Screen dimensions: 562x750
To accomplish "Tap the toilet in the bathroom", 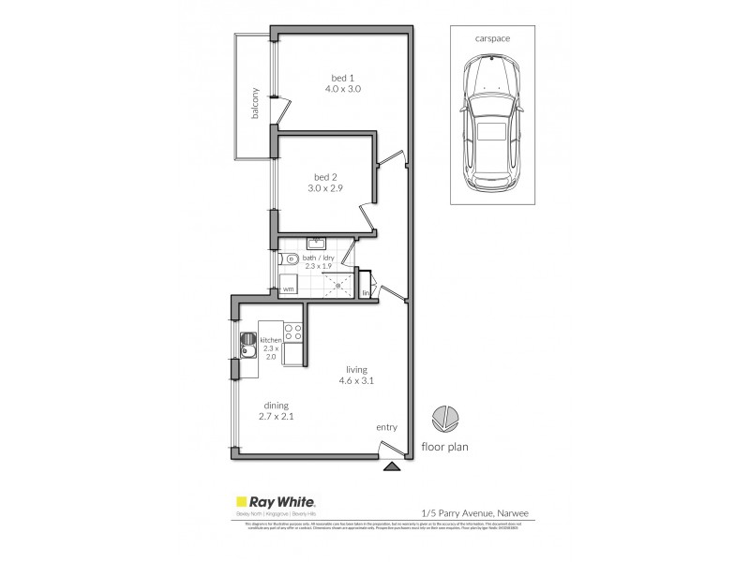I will [289, 259].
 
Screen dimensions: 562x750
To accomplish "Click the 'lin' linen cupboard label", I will [366, 293].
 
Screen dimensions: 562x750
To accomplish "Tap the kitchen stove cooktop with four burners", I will [292, 330].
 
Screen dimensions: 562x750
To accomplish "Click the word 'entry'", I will [386, 427].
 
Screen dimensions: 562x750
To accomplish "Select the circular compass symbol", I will [443, 418].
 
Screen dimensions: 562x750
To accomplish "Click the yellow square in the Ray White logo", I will [240, 502].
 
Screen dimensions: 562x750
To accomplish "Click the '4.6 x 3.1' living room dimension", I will [356, 381].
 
